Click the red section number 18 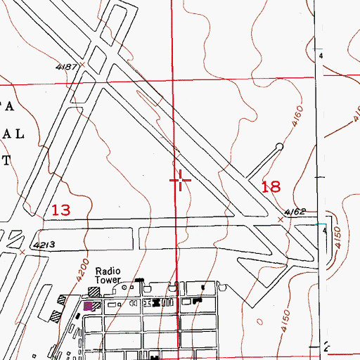point(271,186)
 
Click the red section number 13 point(61,210)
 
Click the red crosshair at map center point(181,181)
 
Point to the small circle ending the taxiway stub point(279,147)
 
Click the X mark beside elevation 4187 point(82,64)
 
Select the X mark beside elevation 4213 point(22,250)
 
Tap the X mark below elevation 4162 point(282,219)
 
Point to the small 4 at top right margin point(321,55)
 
